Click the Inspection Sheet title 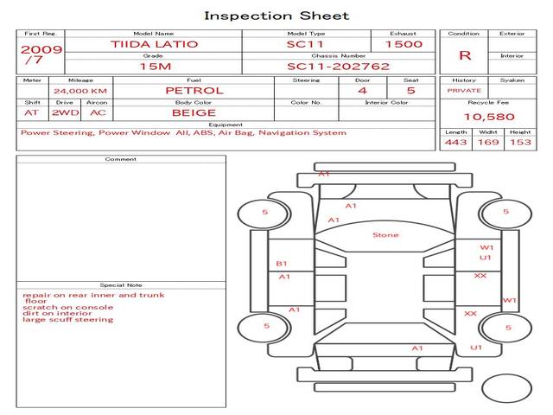[276, 16]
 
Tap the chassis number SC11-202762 [338, 67]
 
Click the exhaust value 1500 [404, 44]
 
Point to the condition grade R [465, 55]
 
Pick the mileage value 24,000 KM [79, 91]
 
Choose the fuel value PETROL [194, 90]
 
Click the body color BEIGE [194, 112]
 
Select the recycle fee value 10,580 [490, 117]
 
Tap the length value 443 [456, 142]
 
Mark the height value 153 [520, 142]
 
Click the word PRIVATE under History [464, 91]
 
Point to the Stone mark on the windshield [385, 235]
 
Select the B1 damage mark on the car [282, 264]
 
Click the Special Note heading [121, 285]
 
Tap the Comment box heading [121, 159]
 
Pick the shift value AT [32, 112]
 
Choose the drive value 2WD [64, 112]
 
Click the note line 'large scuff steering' [68, 320]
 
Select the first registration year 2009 [41, 49]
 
